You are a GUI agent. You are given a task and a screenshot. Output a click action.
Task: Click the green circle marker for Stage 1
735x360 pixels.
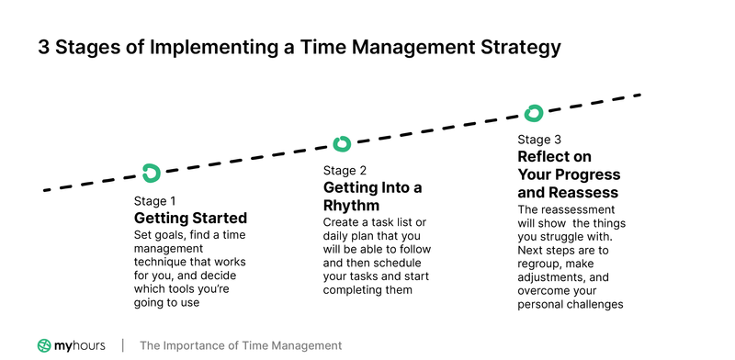pyautogui.click(x=152, y=172)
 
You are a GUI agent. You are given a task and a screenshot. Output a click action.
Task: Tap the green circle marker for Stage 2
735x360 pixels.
pyautogui.click(x=342, y=143)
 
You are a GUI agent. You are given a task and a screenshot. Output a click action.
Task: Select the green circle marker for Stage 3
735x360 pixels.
pyautogui.click(x=534, y=113)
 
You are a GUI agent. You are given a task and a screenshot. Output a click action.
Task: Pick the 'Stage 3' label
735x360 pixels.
pyautogui.click(x=539, y=140)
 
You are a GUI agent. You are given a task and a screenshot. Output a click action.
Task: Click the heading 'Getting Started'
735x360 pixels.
pyautogui.click(x=190, y=219)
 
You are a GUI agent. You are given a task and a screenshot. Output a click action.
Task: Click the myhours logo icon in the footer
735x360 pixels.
pyautogui.click(x=44, y=345)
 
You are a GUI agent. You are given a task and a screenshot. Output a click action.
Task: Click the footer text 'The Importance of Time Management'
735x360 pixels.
pyautogui.click(x=241, y=345)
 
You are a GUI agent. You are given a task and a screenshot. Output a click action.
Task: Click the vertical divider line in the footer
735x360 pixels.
pyautogui.click(x=123, y=345)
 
